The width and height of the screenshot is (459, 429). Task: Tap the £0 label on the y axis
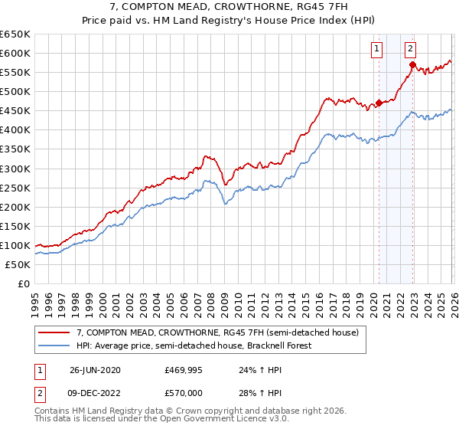23,283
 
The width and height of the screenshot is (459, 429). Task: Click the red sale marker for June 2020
379,103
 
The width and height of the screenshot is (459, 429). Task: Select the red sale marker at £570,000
412,65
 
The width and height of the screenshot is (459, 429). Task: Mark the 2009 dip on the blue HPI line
224,203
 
